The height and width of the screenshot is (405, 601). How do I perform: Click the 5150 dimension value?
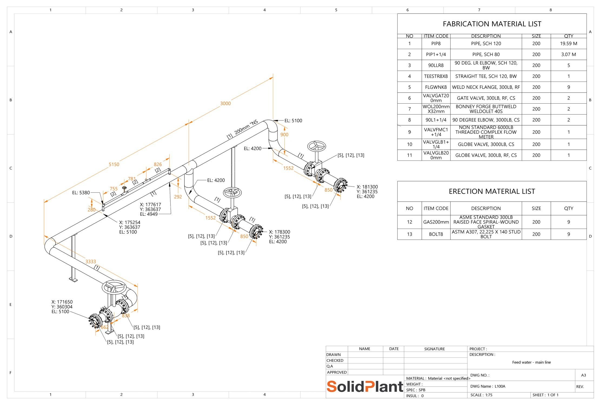click(x=114, y=164)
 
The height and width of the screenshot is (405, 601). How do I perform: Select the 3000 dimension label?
click(x=225, y=103)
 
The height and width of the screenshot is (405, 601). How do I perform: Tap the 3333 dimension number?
click(x=91, y=261)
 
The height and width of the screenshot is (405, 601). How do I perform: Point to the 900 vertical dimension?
click(x=284, y=134)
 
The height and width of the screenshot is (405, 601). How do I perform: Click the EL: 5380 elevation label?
click(x=81, y=193)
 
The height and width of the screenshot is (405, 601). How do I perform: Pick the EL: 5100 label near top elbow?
click(x=293, y=121)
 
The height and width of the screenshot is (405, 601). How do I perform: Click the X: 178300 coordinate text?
click(x=280, y=232)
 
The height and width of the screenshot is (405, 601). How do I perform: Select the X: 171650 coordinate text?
click(x=62, y=302)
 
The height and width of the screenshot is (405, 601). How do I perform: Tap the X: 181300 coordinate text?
click(x=367, y=187)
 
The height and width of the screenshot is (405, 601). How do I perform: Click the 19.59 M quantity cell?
click(x=569, y=43)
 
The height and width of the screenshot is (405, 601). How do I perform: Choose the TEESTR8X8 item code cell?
click(x=436, y=76)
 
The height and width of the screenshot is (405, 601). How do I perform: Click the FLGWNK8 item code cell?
click(x=436, y=87)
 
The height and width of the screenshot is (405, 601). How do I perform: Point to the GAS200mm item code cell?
click(x=436, y=222)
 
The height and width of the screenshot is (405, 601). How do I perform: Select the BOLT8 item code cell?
click(x=436, y=234)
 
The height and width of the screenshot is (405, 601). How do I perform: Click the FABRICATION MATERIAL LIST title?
click(x=492, y=24)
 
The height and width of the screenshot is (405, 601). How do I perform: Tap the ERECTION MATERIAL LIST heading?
click(x=492, y=191)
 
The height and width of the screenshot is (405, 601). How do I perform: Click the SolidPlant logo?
click(x=365, y=386)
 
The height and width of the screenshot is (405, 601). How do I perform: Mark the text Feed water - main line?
click(x=531, y=362)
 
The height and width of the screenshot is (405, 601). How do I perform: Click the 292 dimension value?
click(x=178, y=197)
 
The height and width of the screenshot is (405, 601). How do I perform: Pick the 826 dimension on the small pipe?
click(x=158, y=164)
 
